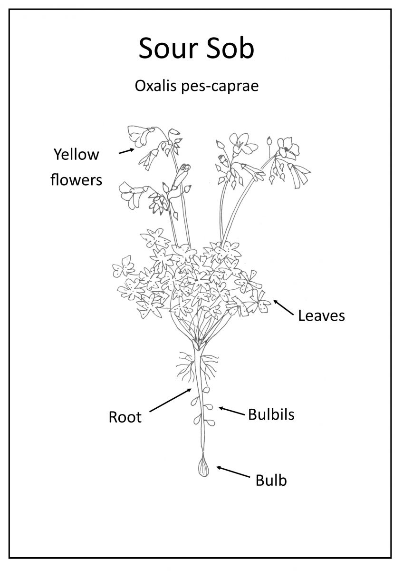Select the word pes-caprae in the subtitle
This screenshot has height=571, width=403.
(220, 87)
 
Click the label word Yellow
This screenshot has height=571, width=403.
(76, 155)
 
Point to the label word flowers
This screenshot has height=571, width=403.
(76, 179)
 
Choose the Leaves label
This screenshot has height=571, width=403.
(321, 315)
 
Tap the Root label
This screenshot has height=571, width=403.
(125, 417)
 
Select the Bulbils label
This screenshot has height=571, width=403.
(271, 414)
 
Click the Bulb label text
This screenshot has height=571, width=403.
(271, 480)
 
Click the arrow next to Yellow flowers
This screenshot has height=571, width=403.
(126, 151)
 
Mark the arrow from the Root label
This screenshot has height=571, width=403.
(170, 400)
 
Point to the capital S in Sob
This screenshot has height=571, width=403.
(213, 48)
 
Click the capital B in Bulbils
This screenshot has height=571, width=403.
(252, 414)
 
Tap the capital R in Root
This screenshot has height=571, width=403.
(113, 417)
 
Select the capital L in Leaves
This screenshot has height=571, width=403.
(302, 315)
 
